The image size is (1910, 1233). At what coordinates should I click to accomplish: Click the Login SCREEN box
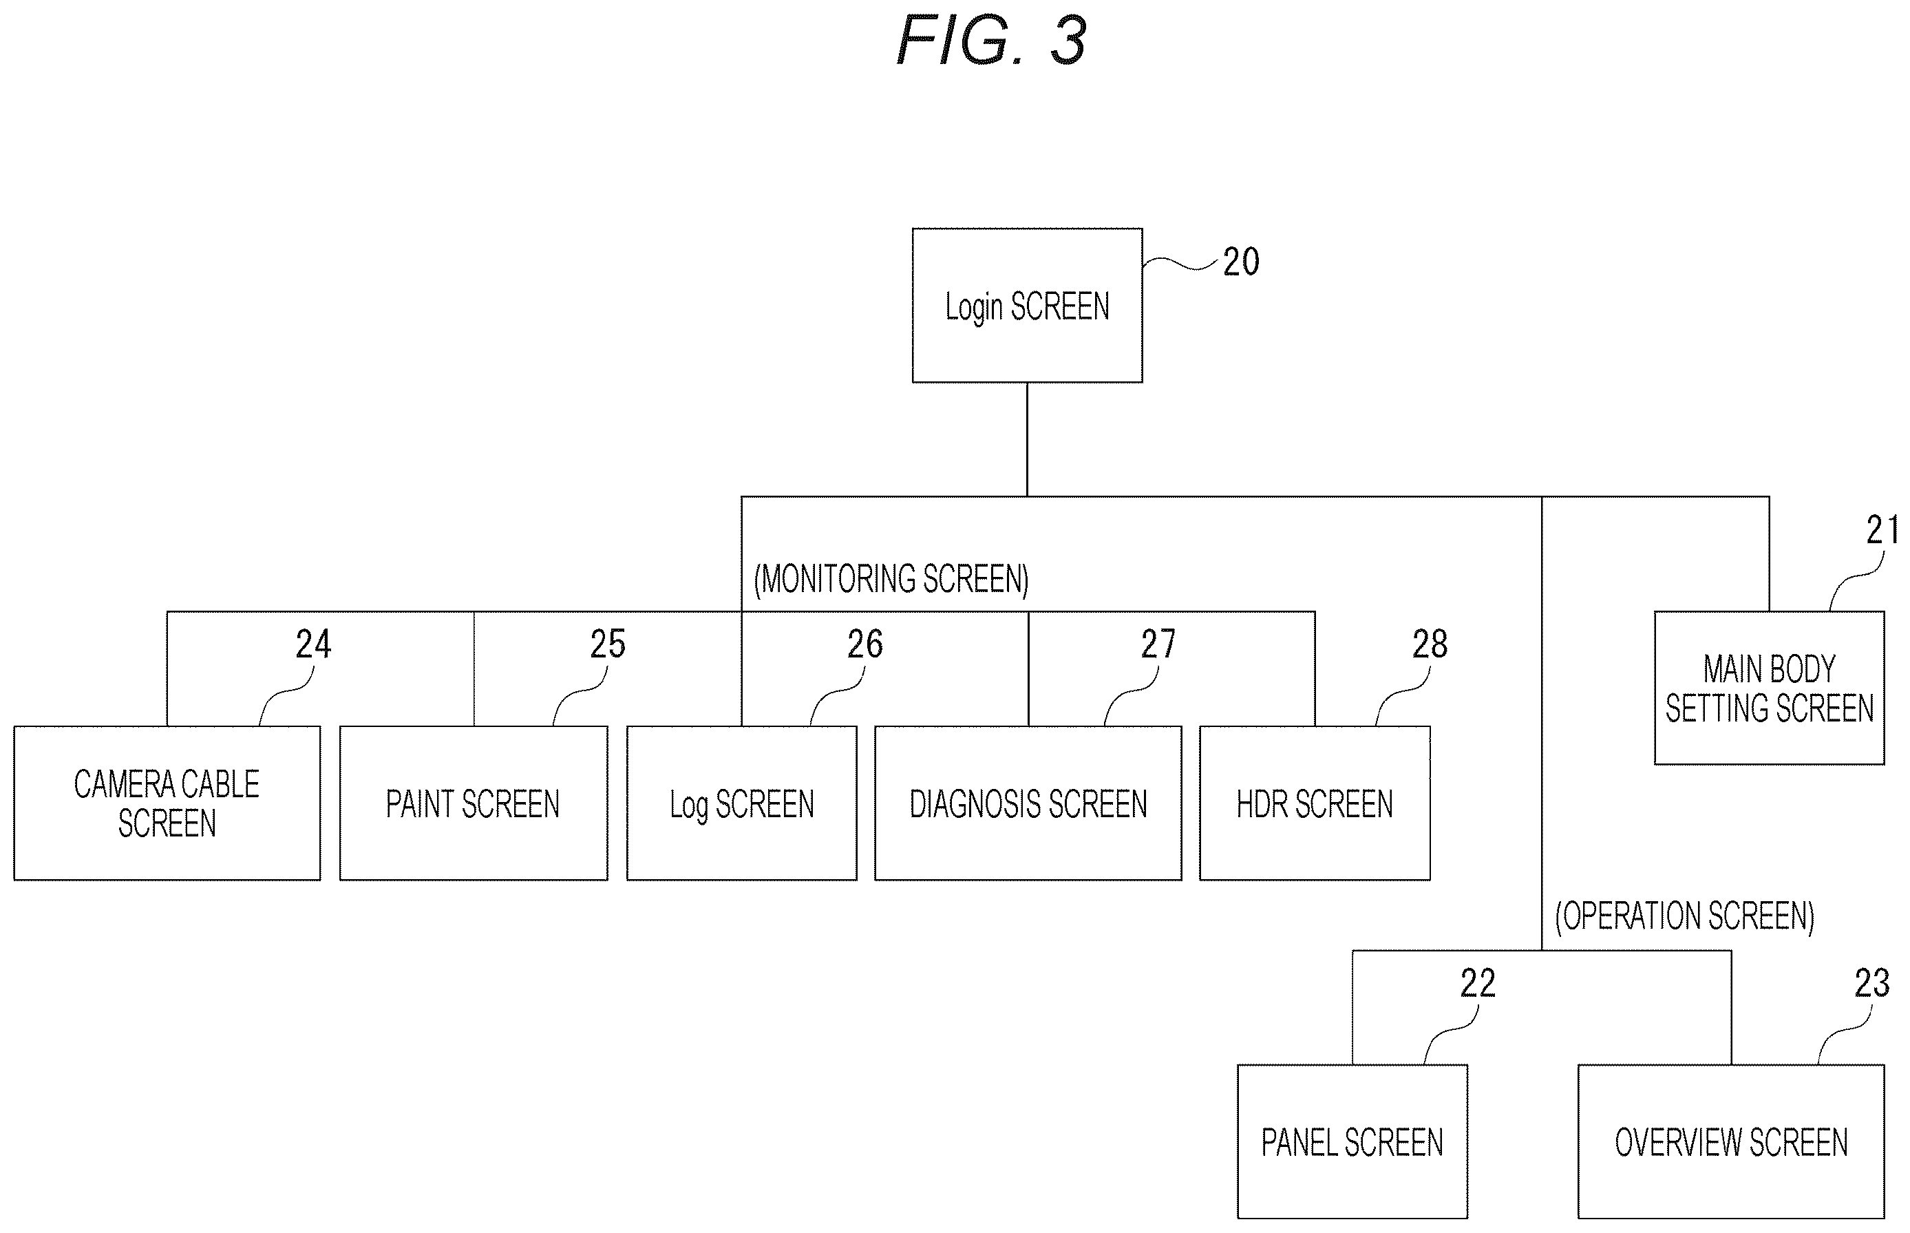click(x=1027, y=305)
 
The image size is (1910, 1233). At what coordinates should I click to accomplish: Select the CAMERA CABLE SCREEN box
click(x=167, y=803)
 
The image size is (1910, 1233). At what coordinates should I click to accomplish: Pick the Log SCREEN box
click(x=741, y=803)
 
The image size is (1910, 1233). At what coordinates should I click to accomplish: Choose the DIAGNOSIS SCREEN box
click(x=1028, y=803)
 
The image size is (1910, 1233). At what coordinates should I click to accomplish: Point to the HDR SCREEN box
click(x=1315, y=803)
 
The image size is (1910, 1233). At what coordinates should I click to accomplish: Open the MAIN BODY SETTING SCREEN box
click(x=1769, y=688)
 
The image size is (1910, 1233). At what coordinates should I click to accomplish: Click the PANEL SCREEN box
click(x=1352, y=1141)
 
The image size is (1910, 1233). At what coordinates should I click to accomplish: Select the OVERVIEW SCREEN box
click(x=1730, y=1141)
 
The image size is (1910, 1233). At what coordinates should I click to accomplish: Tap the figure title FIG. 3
click(x=991, y=40)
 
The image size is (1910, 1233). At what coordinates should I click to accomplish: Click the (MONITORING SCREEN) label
click(x=891, y=579)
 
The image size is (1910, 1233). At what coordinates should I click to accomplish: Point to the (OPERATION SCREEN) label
click(x=1684, y=916)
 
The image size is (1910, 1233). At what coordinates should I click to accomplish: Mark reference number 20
click(x=1241, y=262)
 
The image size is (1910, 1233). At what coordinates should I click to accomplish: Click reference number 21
click(x=1882, y=530)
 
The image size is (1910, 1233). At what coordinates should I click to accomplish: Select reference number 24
click(x=313, y=644)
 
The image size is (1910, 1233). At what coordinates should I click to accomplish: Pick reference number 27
click(x=1158, y=644)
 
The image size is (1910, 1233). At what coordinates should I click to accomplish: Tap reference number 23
click(x=1871, y=983)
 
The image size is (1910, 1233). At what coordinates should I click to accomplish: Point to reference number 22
click(x=1478, y=983)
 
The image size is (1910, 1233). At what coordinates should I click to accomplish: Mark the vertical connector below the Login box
click(x=1027, y=439)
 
